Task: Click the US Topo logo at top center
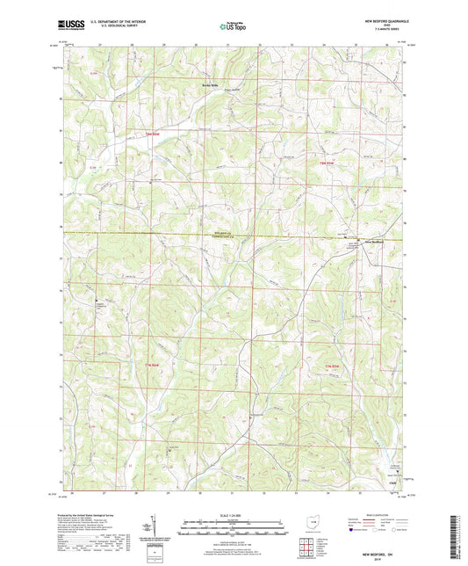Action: click(x=233, y=27)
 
